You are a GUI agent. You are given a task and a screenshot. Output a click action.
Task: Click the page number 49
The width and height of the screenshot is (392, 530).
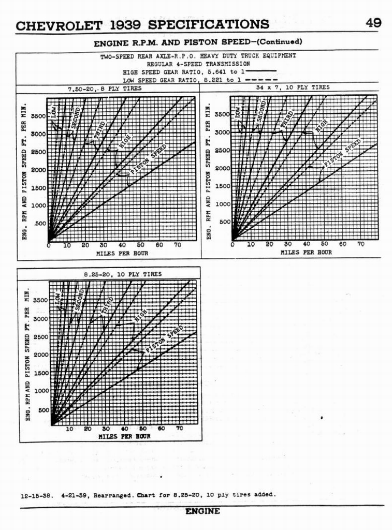[x=373, y=23]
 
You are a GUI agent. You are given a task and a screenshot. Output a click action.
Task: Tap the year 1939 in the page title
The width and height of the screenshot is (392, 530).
[x=127, y=25]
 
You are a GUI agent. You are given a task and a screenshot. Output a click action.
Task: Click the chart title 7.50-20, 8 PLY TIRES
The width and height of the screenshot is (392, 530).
[x=105, y=89]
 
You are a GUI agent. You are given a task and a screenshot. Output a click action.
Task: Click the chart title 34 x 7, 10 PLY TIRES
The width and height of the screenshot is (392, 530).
[x=293, y=87]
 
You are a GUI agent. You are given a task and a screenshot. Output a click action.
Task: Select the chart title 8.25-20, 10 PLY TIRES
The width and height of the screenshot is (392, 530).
[x=122, y=274]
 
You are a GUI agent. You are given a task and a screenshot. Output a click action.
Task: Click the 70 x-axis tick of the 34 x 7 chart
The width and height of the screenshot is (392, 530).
[x=360, y=244]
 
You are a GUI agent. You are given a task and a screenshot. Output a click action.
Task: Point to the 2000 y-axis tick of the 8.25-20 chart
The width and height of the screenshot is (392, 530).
[x=41, y=355]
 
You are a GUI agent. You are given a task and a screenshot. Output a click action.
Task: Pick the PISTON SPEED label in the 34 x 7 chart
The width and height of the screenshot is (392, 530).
[x=342, y=153]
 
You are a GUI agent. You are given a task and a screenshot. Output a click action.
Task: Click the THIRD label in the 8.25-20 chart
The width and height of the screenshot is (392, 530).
[x=108, y=305]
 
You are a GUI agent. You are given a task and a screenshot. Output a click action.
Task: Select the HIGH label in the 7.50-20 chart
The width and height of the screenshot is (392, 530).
[x=125, y=141]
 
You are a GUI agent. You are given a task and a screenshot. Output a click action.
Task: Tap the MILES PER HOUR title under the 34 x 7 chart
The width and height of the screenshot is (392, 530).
[x=306, y=253]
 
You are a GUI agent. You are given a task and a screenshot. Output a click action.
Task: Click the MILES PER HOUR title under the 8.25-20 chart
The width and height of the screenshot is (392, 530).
[x=124, y=436]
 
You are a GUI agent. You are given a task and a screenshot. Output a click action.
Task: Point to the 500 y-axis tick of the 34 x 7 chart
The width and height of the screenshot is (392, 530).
[x=224, y=222]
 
